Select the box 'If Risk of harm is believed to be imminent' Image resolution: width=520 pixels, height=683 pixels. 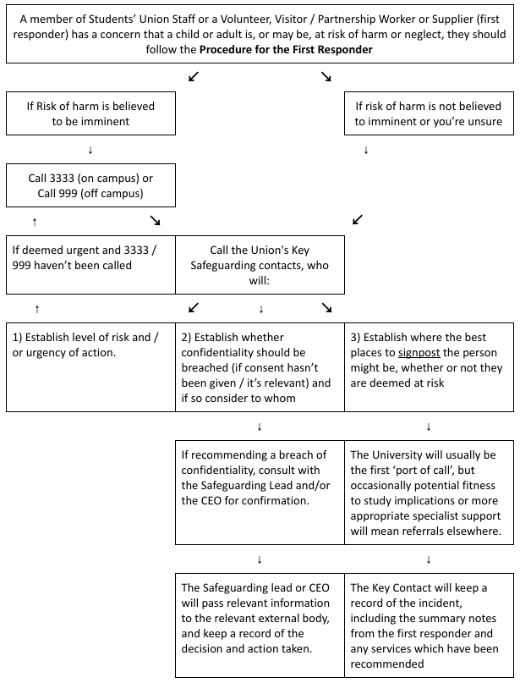(x=90, y=113)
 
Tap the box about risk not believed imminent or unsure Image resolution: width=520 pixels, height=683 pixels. (x=429, y=113)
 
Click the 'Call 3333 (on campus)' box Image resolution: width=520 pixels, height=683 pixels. (x=90, y=185)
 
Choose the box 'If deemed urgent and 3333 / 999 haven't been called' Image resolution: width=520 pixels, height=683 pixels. (x=90, y=257)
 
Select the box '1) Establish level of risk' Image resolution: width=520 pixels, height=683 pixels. (x=90, y=366)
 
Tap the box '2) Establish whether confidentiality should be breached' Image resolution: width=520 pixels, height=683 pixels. (x=260, y=366)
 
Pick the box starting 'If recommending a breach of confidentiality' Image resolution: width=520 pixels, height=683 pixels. (x=260, y=492)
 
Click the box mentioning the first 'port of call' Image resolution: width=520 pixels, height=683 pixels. (x=429, y=492)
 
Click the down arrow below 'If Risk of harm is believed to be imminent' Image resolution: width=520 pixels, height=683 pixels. (x=90, y=151)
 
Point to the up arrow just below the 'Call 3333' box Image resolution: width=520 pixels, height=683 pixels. (x=35, y=221)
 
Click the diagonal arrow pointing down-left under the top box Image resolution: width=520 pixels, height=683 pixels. (x=194, y=77)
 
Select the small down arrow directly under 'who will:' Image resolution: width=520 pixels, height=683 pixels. (x=260, y=308)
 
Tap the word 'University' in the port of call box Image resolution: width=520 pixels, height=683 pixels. (x=399, y=455)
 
